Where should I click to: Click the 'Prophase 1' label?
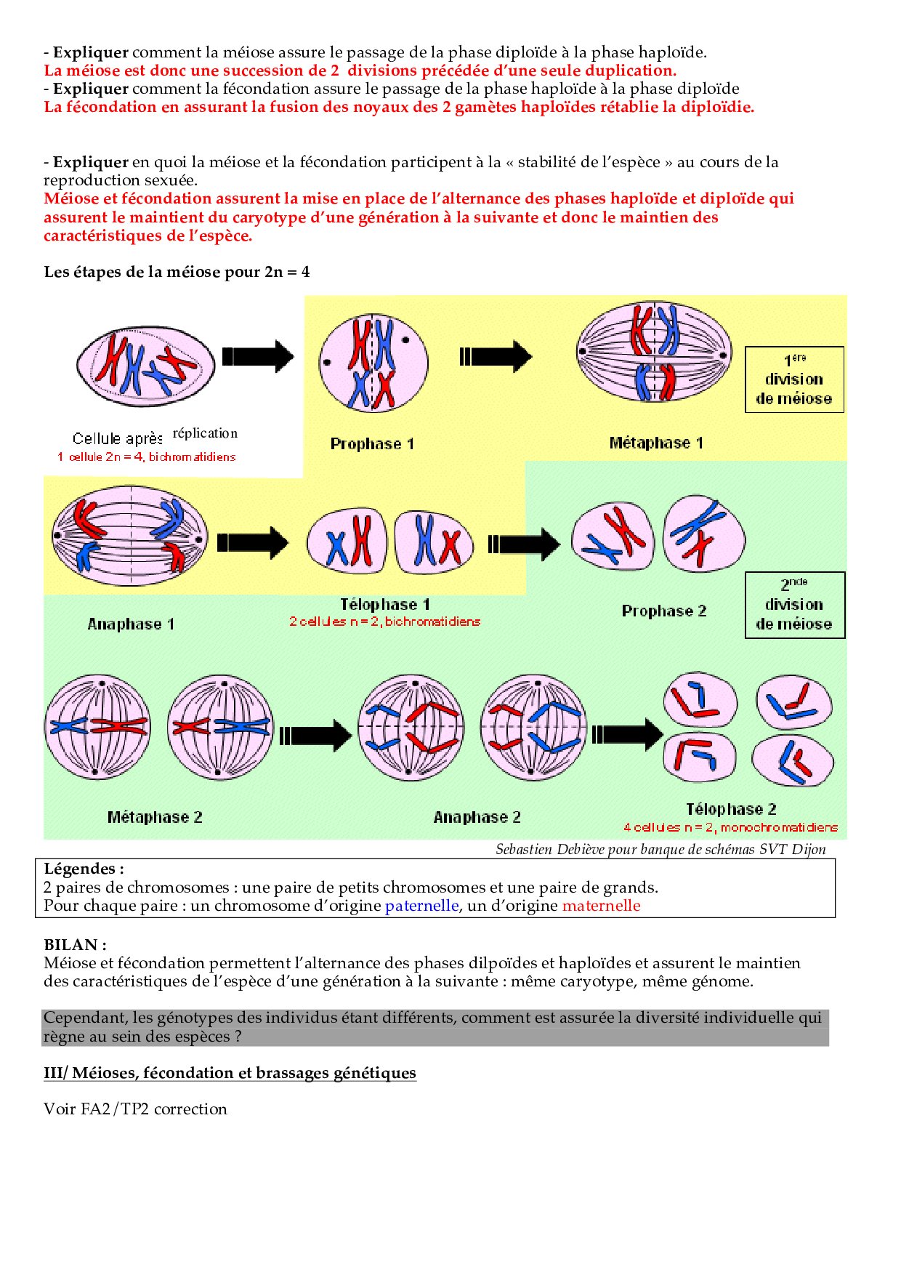pos(372,443)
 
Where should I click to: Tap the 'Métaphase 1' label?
pos(656,443)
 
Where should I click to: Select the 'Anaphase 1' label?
pos(131,624)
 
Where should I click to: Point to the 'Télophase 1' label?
pos(385,604)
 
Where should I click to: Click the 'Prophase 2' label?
pos(664,611)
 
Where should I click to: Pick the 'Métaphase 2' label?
pos(155,817)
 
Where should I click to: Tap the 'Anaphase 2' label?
pos(477,817)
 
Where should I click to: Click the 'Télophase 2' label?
pos(731,809)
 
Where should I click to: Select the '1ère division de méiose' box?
pos(794,379)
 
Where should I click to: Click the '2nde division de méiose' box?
pos(794,605)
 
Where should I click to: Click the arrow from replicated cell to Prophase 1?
pos(258,356)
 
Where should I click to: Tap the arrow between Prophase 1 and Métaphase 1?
pos(496,356)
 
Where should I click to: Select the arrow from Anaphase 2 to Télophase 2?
pos(627,734)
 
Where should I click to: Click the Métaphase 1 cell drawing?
pos(654,353)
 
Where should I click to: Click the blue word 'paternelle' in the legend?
pos(421,906)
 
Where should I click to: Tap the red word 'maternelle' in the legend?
pos(601,906)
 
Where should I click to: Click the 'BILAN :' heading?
pos(76,945)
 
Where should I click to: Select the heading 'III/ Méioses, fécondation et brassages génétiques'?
pos(230,1073)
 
